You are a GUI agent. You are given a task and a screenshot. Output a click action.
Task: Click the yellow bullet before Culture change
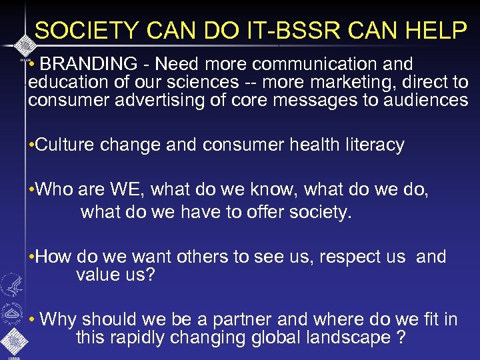pos(31,145)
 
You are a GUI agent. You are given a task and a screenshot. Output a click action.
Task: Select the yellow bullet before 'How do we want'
pos(31,257)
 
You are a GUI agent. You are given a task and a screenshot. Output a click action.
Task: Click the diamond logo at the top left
pos(23,45)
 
